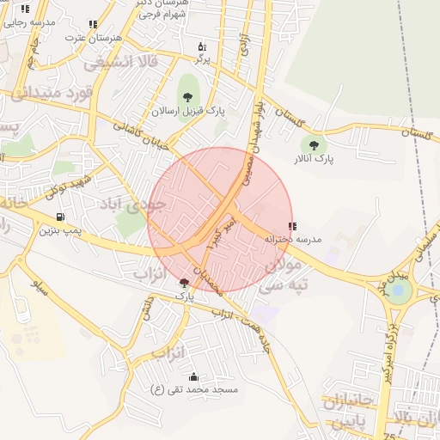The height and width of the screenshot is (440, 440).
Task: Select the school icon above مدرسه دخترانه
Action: click(293, 226)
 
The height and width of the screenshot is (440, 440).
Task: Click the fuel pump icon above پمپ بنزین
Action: click(59, 217)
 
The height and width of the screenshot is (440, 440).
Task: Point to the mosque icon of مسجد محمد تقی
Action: click(192, 377)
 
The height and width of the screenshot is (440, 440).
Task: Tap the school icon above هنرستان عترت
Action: click(92, 26)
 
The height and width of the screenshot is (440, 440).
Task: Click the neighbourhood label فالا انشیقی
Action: click(130, 62)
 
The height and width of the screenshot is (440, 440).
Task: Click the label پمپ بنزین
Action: click(60, 230)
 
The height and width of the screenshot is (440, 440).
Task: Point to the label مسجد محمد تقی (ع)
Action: click(194, 390)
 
